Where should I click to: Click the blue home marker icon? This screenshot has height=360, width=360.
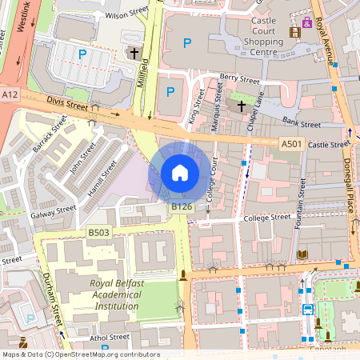click(180, 172)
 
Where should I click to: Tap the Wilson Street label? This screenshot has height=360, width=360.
click(127, 14)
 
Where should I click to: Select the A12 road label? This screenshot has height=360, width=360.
click(10, 94)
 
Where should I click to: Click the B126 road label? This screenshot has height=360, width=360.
click(182, 206)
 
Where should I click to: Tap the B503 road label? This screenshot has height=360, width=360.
click(98, 232)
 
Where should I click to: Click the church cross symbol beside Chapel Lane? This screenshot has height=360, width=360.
click(241, 106)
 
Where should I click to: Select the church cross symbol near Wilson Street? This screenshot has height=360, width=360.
click(134, 54)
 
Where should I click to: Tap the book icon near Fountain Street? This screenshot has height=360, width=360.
click(302, 254)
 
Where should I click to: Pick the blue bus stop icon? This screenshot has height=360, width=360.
click(308, 309)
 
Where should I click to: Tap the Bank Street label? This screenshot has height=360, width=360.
click(302, 124)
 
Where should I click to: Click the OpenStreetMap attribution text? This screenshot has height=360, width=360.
click(80, 354)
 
